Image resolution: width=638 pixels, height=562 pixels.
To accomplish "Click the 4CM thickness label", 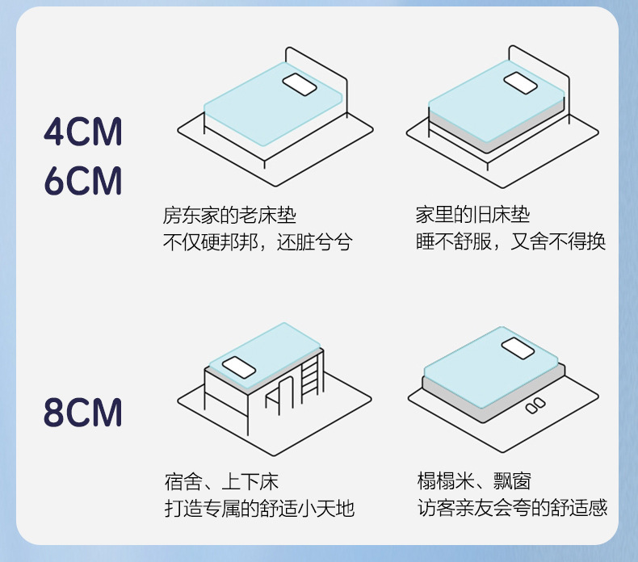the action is (x=83, y=132).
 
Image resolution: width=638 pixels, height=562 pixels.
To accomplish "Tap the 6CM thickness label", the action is (x=83, y=182).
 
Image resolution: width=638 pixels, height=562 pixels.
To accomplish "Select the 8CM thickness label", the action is (x=83, y=412).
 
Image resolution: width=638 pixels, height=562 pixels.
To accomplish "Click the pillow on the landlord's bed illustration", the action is (x=299, y=83).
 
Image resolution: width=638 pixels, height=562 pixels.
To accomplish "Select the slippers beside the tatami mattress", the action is (x=535, y=407).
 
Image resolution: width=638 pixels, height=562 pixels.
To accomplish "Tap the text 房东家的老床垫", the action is (x=229, y=216).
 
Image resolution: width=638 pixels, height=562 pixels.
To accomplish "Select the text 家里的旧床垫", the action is (x=472, y=216).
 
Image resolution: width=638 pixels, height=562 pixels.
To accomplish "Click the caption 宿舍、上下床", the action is (x=221, y=483).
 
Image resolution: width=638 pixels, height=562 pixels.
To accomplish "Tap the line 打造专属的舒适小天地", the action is (x=258, y=509).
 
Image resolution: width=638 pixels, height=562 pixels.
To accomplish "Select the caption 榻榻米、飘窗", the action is (x=474, y=482).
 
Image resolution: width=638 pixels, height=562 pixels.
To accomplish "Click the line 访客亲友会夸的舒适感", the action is (x=512, y=508).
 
